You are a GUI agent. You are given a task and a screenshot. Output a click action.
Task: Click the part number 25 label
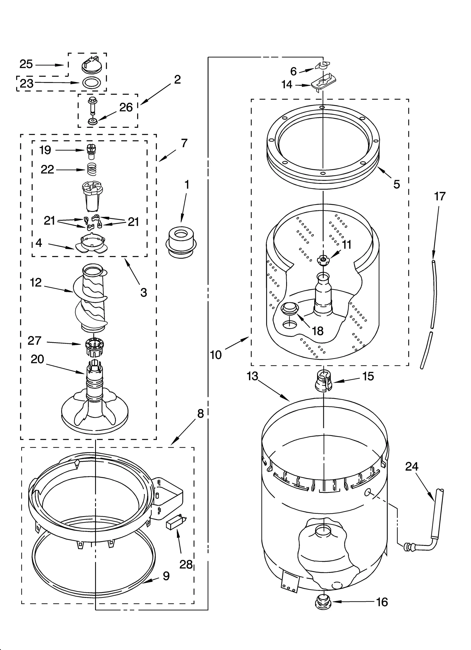[x=26, y=64]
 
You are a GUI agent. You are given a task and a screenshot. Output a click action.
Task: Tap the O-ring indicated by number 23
[x=90, y=83]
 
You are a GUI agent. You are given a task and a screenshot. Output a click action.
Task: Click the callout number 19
[x=45, y=150]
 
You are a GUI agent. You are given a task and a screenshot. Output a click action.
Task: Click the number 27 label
[x=34, y=340]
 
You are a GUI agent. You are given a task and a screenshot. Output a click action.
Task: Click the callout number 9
[x=166, y=576]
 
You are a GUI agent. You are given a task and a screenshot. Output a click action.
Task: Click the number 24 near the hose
[x=412, y=466]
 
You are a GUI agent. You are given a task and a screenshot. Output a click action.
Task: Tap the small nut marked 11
[x=323, y=260]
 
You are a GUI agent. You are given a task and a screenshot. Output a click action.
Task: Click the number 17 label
[x=440, y=196]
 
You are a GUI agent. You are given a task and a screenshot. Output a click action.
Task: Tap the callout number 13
[x=253, y=376]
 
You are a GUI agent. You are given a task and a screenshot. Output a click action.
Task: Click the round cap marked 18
[x=290, y=308]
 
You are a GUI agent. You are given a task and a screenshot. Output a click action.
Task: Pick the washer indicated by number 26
[x=93, y=121]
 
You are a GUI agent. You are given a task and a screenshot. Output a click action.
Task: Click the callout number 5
[x=397, y=184]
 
